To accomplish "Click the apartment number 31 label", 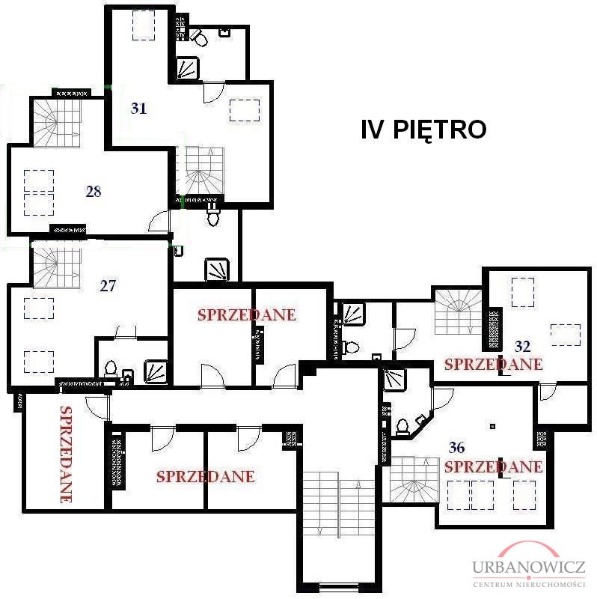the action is pos(138,109).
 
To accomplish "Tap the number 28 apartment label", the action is pos(94,191).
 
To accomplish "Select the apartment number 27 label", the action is pos(108,286).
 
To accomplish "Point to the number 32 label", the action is pos(523,347).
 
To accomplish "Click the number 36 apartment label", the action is pos(456,447).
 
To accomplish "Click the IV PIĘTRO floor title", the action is pos(423,130).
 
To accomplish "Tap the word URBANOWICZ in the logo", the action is pos(529,567).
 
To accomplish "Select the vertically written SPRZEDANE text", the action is pos(66,454).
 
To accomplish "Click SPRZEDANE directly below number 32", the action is pos(493,364).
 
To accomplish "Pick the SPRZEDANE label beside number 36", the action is pos(493,466).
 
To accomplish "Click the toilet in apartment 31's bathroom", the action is pos(199,37).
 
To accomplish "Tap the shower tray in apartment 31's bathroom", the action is pos(189,68).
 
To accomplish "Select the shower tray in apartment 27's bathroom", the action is pos(156,371).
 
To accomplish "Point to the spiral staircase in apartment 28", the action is pos(58,123).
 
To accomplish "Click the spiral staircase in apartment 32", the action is pos(458,312).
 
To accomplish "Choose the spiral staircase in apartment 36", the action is pos(414,479).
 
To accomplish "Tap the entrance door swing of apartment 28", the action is pos(158,222).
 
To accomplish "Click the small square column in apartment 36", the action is pos(493,426).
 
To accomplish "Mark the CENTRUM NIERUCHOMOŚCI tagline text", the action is pos(529,585).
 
